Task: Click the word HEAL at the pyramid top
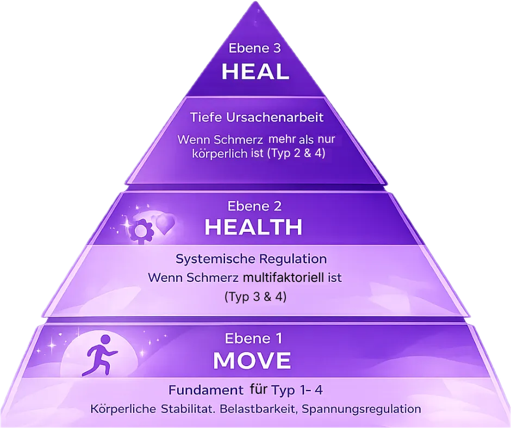pos(255,72)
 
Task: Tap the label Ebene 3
pos(255,48)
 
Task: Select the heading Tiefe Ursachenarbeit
pos(257,117)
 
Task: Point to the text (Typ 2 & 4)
pos(296,153)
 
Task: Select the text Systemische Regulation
pos(251,259)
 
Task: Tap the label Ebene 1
pos(253,339)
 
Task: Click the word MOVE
pos(252,361)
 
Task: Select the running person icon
pos(101,355)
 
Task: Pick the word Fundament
pos(205,390)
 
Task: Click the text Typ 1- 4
pos(301,390)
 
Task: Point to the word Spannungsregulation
pos(362,408)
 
